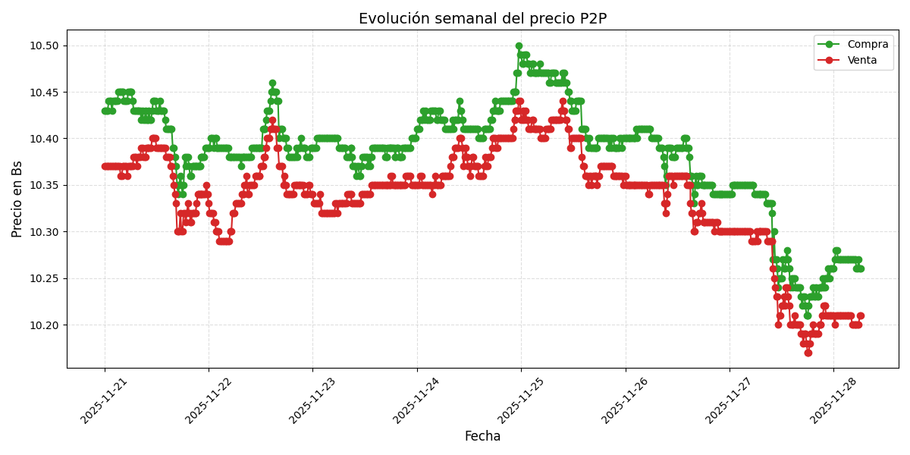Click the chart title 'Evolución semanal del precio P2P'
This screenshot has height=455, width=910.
tap(482, 18)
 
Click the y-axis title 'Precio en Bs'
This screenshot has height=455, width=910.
tap(17, 199)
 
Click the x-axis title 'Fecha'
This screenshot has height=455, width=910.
tap(482, 437)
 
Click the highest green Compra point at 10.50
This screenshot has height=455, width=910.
tap(519, 46)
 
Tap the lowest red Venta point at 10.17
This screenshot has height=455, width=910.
tap(808, 353)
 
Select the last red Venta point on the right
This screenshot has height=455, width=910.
tap(860, 315)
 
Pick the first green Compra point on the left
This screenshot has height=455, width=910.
tap(105, 111)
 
